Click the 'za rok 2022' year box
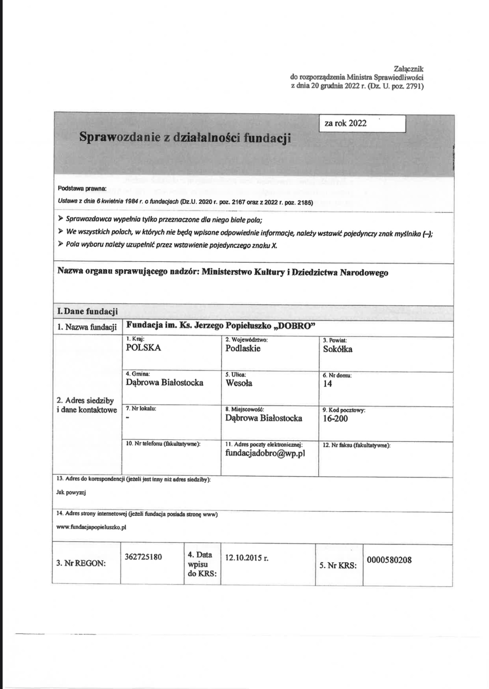point(362,124)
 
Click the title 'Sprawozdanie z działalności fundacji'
point(185,137)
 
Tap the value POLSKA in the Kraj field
point(143,348)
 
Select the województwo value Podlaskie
point(243,349)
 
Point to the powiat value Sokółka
point(337,349)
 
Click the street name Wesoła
point(239,383)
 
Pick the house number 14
point(327,384)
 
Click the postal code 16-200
point(335,419)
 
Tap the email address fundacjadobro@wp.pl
point(265,453)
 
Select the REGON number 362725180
point(143,557)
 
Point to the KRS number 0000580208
point(389,560)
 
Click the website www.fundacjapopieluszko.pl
point(91,527)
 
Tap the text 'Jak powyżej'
point(71,493)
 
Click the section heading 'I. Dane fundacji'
point(87,311)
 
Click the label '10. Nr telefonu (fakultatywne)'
point(163,444)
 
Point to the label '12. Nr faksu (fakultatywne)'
point(356,445)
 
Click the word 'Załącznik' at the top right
point(409,69)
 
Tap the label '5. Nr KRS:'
point(338,565)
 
